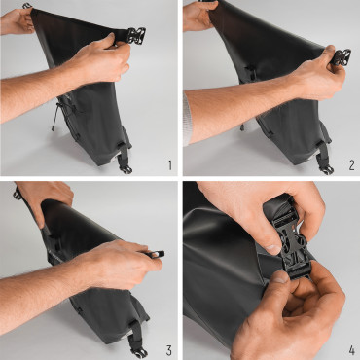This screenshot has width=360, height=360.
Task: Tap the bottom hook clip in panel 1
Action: coord(126,164)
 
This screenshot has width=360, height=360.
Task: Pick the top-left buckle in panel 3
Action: coord(18,195)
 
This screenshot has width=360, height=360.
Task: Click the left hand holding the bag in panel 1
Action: coord(18,19)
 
